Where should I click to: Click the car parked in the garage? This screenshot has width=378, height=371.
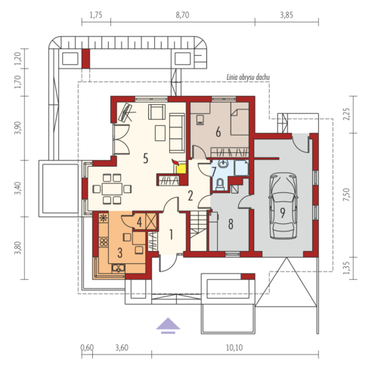[x=283, y=205]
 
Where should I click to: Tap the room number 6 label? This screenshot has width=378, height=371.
[x=218, y=132]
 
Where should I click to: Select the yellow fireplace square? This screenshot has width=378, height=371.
[x=181, y=169]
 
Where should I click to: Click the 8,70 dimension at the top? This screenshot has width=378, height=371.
[x=182, y=15]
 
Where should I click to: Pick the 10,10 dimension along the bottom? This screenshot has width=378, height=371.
[x=234, y=348]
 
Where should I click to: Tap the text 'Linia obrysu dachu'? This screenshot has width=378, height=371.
[x=248, y=78]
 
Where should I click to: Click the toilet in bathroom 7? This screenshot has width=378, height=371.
[x=220, y=184]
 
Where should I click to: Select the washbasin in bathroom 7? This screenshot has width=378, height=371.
[x=223, y=164]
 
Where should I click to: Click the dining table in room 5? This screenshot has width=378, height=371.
[x=112, y=189]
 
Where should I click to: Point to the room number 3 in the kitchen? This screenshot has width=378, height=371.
[x=120, y=253]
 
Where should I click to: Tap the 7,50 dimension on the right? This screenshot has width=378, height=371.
[x=347, y=195]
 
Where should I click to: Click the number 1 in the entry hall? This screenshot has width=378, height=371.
[x=171, y=235]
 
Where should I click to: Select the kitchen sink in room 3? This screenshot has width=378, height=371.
[x=119, y=268]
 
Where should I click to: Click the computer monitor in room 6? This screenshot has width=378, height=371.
[x=200, y=120]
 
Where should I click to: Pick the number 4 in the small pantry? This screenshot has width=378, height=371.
[x=139, y=222]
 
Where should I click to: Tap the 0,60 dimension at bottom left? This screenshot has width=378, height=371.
[x=87, y=348]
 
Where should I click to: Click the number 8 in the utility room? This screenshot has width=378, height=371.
[x=231, y=224]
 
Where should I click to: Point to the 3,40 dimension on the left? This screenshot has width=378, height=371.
[x=17, y=189]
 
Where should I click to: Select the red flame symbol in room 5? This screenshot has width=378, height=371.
[x=175, y=162]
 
